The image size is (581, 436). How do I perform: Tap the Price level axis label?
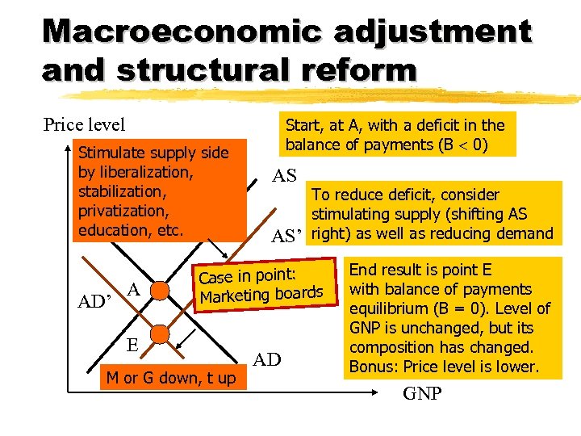pos(84,124)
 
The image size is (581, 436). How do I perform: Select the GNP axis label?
pos(423,395)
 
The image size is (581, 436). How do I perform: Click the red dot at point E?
pos(161,333)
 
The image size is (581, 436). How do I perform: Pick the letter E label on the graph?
pos(134,344)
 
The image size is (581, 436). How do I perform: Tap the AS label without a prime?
pos(284,175)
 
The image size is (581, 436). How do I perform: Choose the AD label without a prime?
pos(268,358)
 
